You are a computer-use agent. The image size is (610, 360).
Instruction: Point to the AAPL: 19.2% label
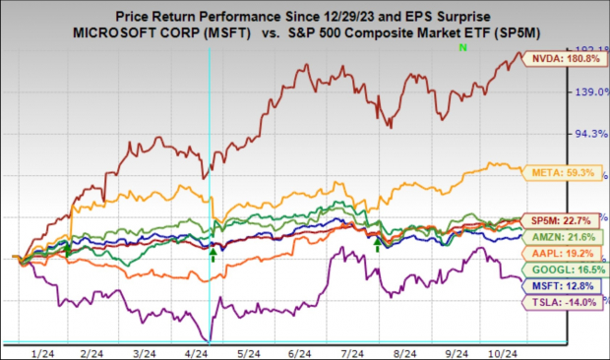tap(564, 252)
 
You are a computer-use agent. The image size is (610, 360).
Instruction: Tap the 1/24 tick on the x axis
tap(42, 352)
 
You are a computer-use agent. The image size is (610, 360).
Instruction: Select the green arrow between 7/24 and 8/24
tap(377, 240)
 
